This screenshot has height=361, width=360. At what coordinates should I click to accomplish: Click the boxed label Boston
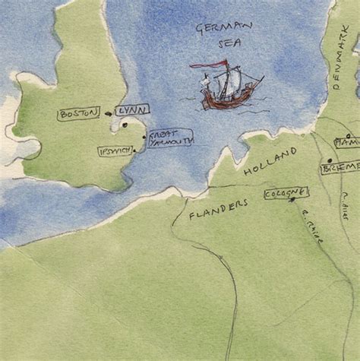pyautogui.click(x=79, y=114)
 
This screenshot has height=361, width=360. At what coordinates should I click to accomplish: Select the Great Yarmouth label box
pyautogui.click(x=170, y=138)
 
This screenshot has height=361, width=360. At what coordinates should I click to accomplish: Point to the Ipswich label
pyautogui.click(x=115, y=150)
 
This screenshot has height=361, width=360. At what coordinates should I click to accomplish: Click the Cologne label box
pyautogui.click(x=286, y=194)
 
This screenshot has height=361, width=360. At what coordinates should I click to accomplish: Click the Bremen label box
pyautogui.click(x=339, y=167)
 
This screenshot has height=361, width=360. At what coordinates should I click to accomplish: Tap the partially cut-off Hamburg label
pyautogui.click(x=347, y=142)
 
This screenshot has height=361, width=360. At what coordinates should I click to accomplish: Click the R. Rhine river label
pyautogui.click(x=312, y=227)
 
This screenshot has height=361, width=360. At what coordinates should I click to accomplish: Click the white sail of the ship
pyautogui.click(x=231, y=81)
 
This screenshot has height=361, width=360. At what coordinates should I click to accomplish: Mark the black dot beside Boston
pyautogui.click(x=108, y=114)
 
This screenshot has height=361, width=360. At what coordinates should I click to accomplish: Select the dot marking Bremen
pyautogui.click(x=330, y=160)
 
